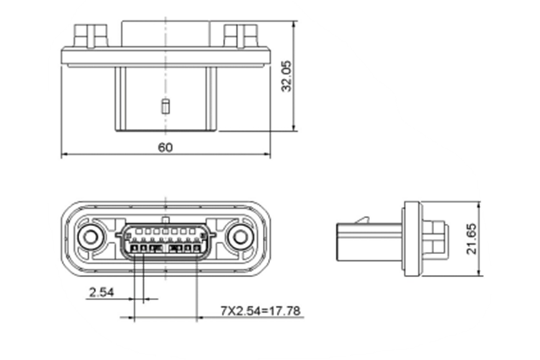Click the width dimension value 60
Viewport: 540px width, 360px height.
point(165,147)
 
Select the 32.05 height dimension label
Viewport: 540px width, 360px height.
point(287,76)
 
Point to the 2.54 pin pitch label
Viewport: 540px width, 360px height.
point(101,292)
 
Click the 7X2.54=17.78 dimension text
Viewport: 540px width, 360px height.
point(260,311)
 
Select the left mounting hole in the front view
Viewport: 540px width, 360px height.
point(91,237)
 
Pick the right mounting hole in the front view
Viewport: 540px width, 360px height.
point(239,237)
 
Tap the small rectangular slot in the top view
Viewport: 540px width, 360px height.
point(165,107)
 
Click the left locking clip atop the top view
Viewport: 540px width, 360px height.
point(90,34)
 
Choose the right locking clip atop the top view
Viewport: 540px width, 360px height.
point(240,34)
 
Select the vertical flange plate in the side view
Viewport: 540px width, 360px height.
point(412,238)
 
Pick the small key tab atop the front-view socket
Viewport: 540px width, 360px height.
point(166,218)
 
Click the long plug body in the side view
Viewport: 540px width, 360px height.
point(367,238)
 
